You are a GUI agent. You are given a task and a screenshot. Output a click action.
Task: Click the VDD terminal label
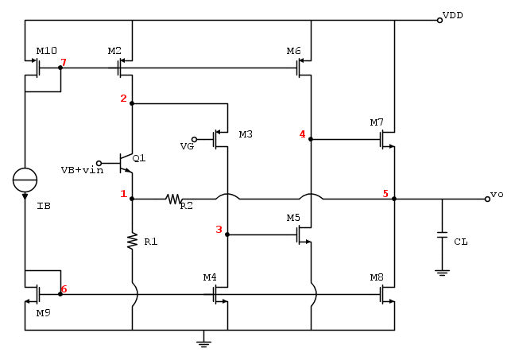pos(453,14)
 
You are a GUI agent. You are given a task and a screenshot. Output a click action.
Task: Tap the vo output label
pos(496,194)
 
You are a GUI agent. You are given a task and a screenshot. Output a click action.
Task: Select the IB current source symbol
pos(25,180)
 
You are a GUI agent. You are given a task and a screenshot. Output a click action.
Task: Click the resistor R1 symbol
pos(132,240)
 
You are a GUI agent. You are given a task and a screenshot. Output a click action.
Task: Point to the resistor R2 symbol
pos(175,199)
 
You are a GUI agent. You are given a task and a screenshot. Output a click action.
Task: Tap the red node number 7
pos(64,62)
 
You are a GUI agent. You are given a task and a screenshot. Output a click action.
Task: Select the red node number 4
pos(302,134)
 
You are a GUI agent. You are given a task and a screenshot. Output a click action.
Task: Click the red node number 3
pos(219,230)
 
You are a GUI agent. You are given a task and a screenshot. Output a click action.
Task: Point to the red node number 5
pos(385,193)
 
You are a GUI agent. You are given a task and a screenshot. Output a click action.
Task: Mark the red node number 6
pos(64,289)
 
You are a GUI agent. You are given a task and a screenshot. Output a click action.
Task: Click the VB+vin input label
pos(82,169)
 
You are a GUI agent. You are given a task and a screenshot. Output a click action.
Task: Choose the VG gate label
pos(187,145)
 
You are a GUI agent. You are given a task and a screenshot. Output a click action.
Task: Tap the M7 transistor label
pos(377,122)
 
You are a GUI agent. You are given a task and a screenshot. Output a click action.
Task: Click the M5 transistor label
pos(293,218)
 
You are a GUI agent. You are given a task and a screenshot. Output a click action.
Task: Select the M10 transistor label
pos(46,51)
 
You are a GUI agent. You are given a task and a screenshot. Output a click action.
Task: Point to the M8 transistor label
pos(377,277)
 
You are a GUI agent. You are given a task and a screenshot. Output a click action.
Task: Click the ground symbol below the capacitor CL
pos(442,272)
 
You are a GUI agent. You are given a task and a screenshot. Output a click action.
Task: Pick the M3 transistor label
pos(246,134)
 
